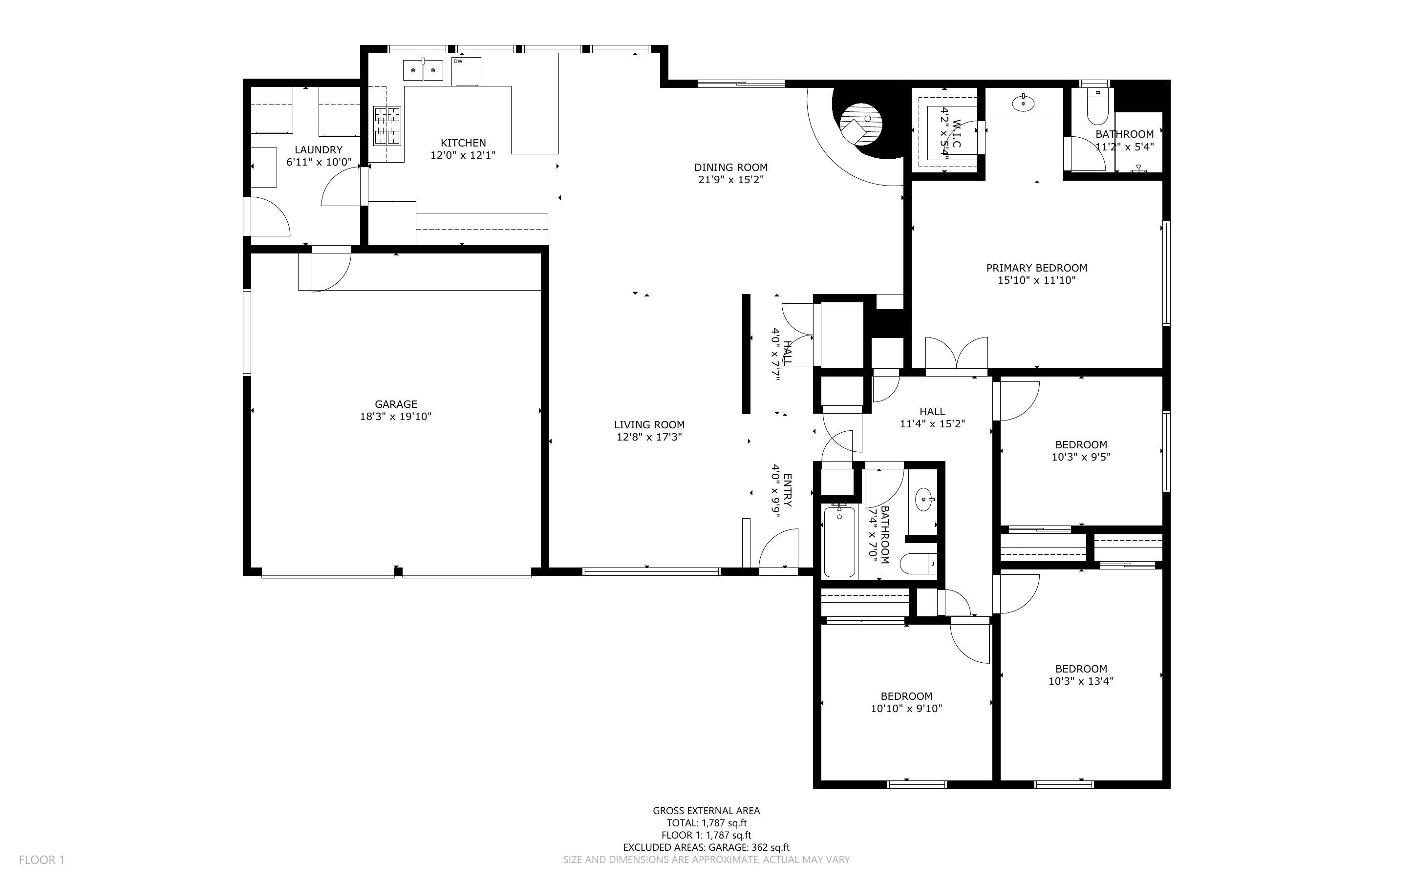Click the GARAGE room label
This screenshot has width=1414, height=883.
(396, 404)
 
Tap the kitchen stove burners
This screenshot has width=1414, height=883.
(388, 126)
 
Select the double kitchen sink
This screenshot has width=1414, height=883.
(423, 70)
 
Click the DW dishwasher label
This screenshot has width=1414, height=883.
(458, 62)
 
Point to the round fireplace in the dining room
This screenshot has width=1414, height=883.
(860, 125)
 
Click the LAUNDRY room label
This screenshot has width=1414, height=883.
(318, 150)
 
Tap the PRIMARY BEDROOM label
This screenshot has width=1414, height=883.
(1037, 268)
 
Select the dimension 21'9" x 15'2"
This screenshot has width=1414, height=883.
(730, 180)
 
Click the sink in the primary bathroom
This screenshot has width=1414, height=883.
(1023, 104)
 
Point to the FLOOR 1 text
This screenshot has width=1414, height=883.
(42, 860)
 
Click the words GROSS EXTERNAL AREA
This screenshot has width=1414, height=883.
(706, 811)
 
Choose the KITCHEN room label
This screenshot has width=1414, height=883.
(463, 143)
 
